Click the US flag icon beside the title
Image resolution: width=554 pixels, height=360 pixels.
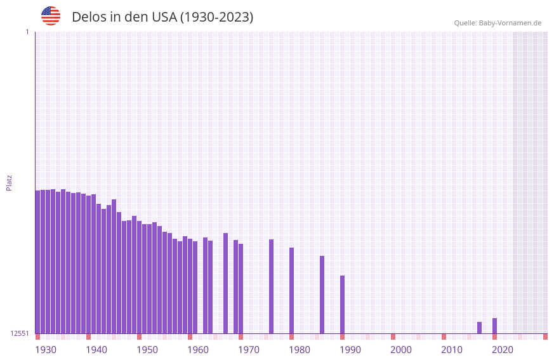(x=51, y=16)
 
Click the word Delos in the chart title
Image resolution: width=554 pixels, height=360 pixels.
(x=89, y=17)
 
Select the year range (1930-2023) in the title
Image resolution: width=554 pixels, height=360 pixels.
(x=216, y=17)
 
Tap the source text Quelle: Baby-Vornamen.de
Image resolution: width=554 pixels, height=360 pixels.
(x=498, y=23)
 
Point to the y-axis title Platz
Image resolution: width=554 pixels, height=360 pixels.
(x=9, y=182)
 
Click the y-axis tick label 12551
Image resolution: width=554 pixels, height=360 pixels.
(x=20, y=333)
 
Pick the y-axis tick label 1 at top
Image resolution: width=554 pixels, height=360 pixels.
(x=27, y=32)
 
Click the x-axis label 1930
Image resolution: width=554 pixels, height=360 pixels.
(x=46, y=350)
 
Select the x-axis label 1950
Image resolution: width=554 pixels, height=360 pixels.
(x=147, y=350)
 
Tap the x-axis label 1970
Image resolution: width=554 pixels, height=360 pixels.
(x=249, y=350)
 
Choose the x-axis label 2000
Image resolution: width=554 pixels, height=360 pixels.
(x=401, y=350)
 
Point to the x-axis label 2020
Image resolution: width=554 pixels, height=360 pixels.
(x=503, y=350)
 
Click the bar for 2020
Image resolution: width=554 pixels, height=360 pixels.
(x=494, y=326)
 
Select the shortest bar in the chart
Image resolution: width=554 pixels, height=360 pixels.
(x=479, y=328)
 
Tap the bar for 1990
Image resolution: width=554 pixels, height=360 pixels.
(x=342, y=305)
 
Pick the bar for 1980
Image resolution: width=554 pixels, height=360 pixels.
(x=291, y=291)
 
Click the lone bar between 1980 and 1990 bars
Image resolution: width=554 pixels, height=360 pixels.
(x=322, y=295)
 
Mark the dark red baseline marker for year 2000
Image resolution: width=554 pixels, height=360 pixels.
(x=393, y=337)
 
